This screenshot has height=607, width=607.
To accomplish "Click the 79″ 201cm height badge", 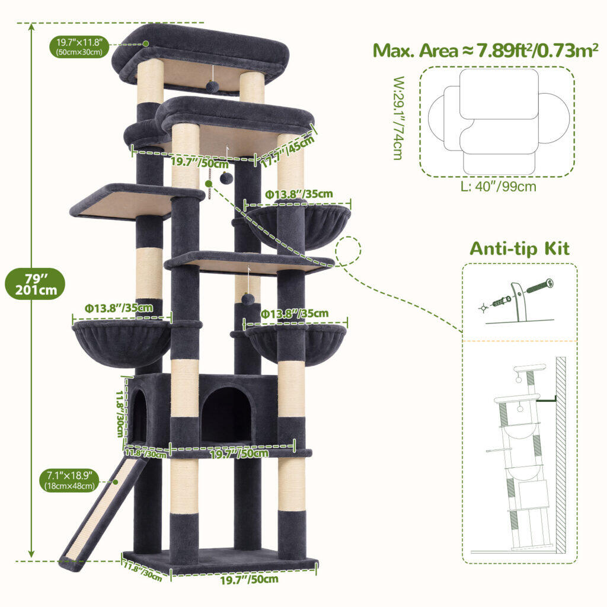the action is tap(35, 284).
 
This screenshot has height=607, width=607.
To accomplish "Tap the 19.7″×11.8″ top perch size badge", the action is tap(79, 47).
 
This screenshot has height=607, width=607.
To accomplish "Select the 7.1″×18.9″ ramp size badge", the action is tap(69, 480).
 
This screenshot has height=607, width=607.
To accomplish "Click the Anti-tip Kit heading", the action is tap(519, 248).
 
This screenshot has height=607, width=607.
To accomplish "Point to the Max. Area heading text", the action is tap(485, 50).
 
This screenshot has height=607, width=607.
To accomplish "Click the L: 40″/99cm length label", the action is tap(498, 186).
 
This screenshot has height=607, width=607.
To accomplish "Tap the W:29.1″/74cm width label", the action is tap(398, 118).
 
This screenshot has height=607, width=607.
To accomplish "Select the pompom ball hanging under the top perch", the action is tap(212, 85).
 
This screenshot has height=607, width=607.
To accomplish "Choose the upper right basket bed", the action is tap(298, 226).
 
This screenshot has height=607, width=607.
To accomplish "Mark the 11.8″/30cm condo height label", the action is tap(120, 413).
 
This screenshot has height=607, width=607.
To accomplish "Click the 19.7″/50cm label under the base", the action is tap(250, 579).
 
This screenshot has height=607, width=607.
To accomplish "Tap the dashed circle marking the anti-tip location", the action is tap(348, 251).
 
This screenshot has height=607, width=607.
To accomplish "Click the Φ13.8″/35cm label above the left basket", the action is tap(119, 308).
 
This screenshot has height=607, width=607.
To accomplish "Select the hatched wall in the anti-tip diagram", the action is tap(561, 455).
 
